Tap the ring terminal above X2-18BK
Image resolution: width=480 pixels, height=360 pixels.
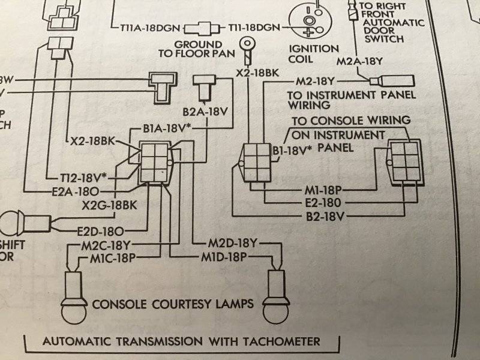click(246, 43)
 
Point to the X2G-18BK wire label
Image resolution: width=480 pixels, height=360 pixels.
click(110, 205)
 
